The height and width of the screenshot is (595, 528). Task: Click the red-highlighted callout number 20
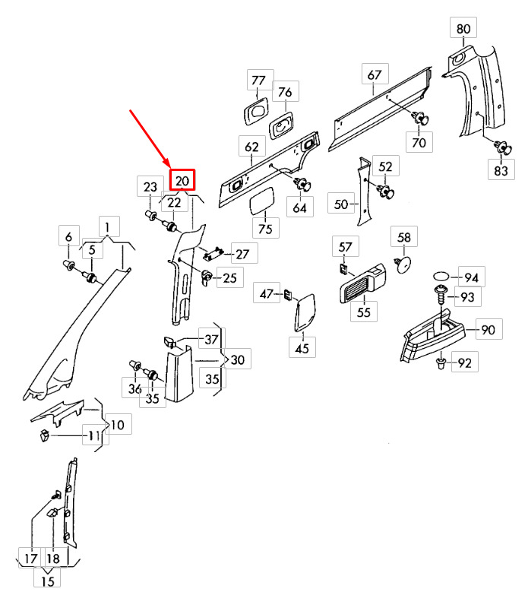182,180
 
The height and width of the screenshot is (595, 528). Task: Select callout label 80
463,30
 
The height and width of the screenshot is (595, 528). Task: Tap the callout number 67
374,75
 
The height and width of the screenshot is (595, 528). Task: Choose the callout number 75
264,229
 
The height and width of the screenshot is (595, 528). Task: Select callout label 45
302,349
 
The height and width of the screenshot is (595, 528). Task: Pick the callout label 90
488,331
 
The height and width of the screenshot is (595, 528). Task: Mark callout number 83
500,170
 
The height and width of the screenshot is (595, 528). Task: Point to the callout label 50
341,204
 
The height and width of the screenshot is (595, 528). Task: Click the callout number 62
251,147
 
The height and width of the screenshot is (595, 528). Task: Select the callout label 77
258,81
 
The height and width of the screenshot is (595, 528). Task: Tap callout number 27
242,254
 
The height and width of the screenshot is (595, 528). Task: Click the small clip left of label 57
342,269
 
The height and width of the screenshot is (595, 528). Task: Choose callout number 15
48,581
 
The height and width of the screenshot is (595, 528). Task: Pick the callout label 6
68,236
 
